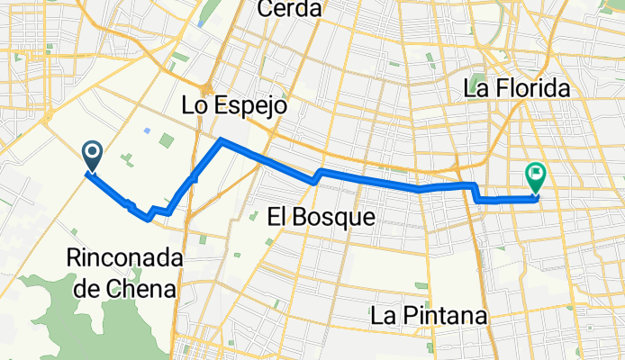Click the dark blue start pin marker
(92, 157)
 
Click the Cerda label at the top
(289, 9)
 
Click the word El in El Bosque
(279, 216)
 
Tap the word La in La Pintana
(383, 317)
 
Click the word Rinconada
(124, 259)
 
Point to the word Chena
(149, 288)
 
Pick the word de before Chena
(99, 288)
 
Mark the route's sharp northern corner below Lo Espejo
(222, 140)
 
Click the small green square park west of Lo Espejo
(167, 140)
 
